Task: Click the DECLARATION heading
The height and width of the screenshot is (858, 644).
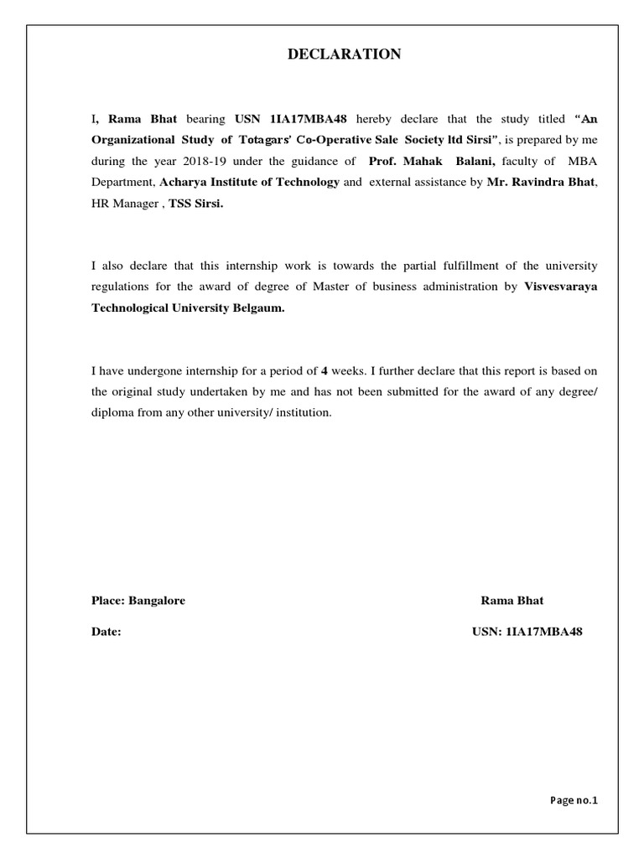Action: (x=345, y=54)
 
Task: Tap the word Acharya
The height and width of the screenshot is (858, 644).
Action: (x=184, y=182)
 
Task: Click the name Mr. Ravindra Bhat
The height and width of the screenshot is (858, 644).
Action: (x=542, y=182)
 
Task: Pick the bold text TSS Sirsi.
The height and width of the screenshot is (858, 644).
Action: (x=197, y=204)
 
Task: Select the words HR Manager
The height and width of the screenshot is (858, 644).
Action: (x=126, y=204)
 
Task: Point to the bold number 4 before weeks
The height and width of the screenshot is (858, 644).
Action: (x=324, y=370)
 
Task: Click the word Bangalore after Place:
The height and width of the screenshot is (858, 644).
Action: (x=157, y=601)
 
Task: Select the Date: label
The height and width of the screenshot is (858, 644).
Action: (x=106, y=633)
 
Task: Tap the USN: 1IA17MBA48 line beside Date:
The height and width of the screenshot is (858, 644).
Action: (x=527, y=633)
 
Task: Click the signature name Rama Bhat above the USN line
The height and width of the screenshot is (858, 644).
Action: (x=512, y=601)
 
